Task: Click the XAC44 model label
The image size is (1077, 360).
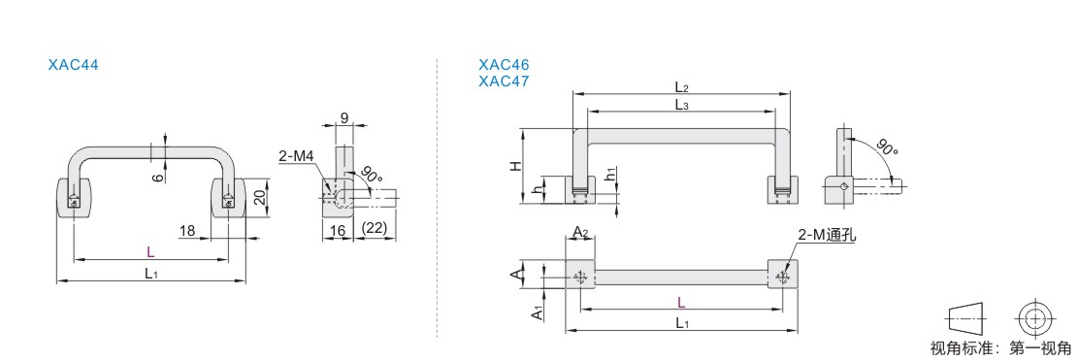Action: [74, 65]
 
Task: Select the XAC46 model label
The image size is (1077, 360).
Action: [505, 65]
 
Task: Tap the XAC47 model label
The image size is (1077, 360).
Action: [505, 82]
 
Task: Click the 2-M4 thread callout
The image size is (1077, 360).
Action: [296, 156]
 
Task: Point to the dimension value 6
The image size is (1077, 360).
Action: [156, 177]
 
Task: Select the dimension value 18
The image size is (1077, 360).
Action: [186, 230]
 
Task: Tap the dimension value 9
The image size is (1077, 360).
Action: [343, 116]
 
